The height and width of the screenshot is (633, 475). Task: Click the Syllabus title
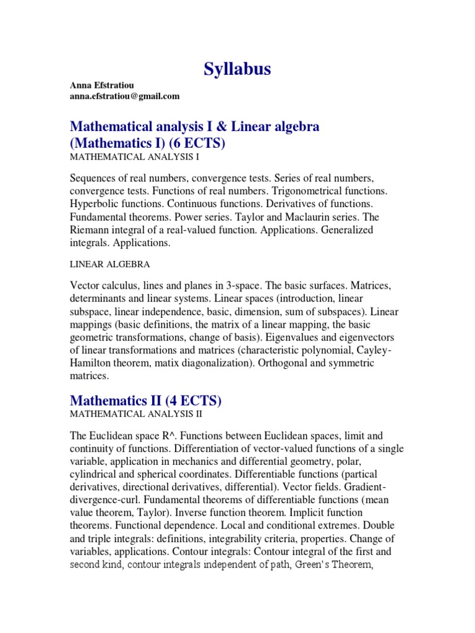[237, 70]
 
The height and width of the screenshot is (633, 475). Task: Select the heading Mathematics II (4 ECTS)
[145, 401]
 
